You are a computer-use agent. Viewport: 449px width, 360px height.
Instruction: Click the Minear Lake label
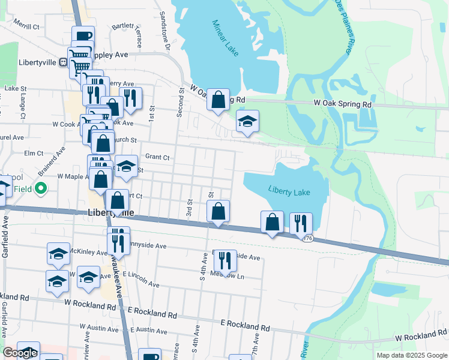226,38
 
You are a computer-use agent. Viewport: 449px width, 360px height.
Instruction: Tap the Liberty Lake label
289,192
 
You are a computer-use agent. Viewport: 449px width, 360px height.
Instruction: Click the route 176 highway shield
308,238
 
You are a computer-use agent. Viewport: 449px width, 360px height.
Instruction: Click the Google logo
20,353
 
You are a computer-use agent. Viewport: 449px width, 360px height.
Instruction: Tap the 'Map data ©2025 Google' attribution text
411,355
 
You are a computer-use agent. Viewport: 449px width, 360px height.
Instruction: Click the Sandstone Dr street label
164,30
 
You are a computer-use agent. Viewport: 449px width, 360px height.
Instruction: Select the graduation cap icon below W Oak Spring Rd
247,122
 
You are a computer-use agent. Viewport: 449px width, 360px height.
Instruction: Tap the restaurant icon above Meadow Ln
225,260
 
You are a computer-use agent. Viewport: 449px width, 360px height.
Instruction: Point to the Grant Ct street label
157,157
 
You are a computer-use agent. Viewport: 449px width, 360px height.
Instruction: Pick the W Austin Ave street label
100,328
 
